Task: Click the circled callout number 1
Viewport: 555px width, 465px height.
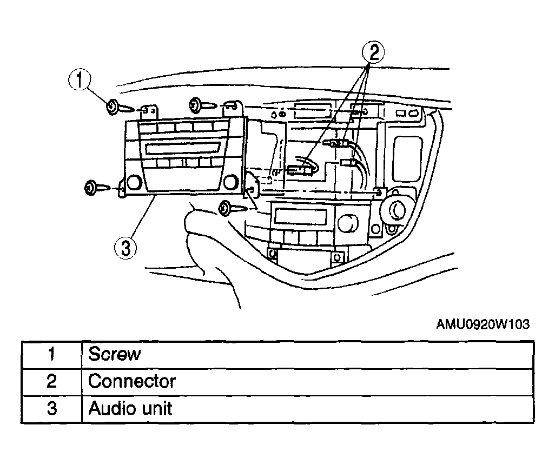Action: click(80, 79)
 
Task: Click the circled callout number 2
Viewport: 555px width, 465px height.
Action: click(373, 52)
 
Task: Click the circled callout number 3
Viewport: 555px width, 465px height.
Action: click(125, 248)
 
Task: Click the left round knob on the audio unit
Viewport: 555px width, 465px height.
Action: click(134, 182)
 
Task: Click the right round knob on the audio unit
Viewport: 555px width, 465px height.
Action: click(230, 182)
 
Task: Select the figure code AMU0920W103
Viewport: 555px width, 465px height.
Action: click(483, 324)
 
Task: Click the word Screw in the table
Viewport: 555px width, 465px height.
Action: click(114, 354)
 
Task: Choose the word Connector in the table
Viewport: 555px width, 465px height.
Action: click(132, 382)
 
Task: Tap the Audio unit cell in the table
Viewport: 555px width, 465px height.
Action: click(307, 409)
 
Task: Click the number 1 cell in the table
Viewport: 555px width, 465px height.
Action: click(52, 355)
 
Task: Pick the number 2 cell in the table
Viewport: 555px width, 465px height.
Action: click(52, 382)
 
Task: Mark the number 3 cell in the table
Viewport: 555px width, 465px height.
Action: click(52, 409)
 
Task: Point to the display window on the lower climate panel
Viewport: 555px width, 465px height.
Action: click(301, 216)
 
